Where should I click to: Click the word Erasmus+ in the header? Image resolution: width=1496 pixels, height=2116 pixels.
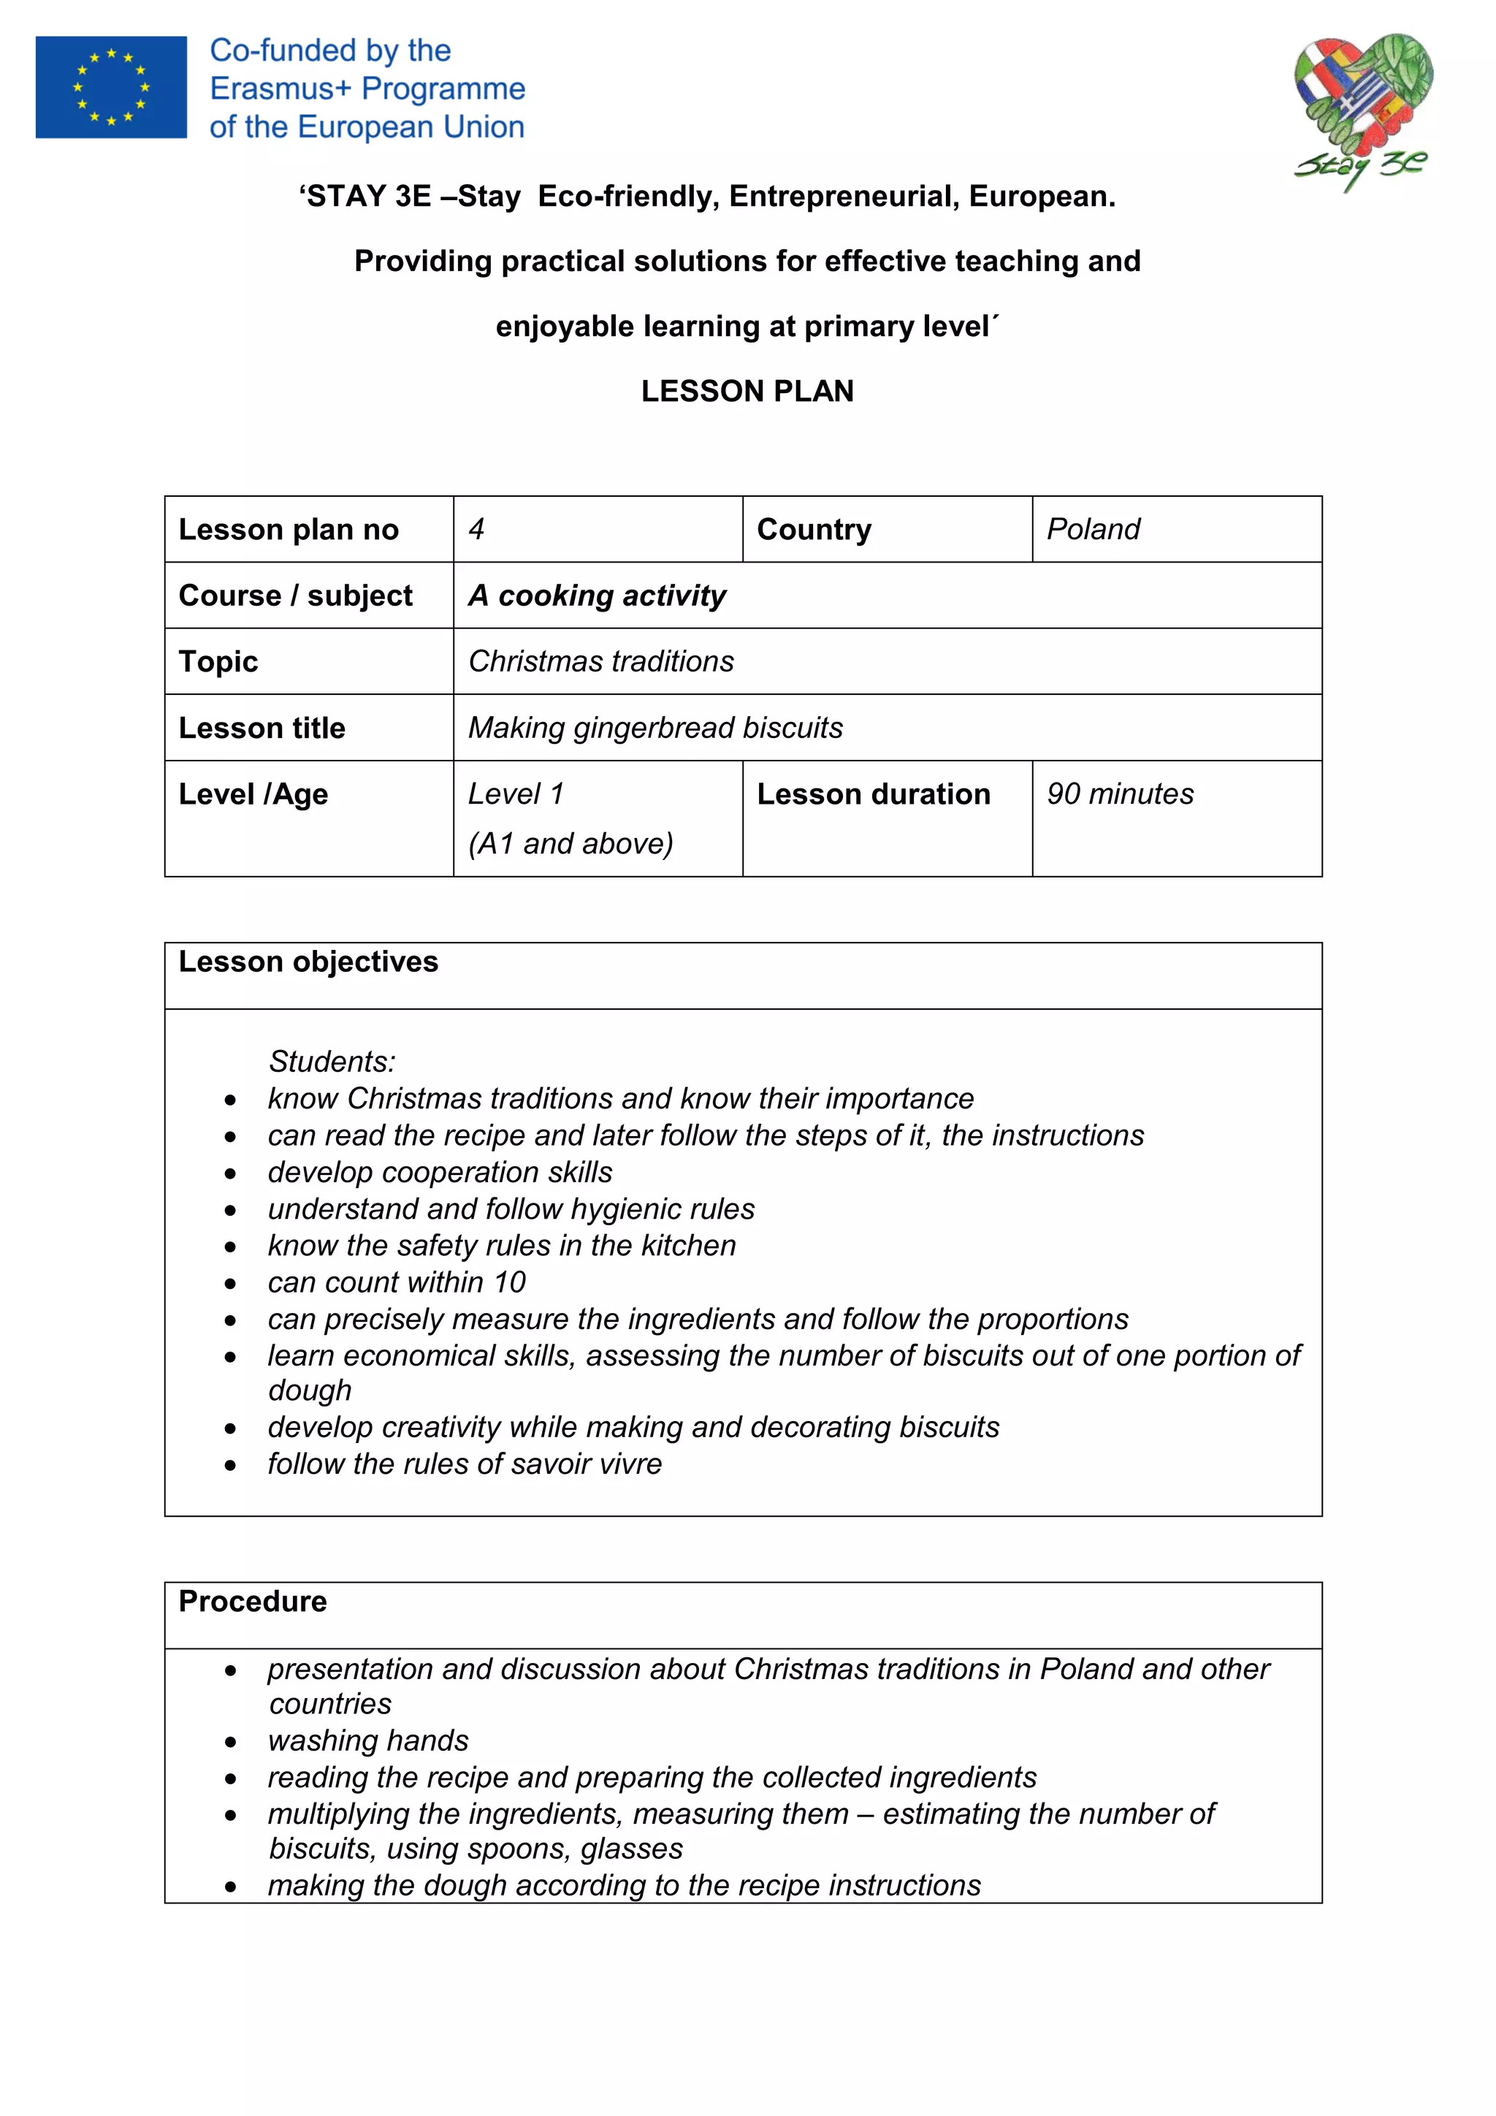pos(280,88)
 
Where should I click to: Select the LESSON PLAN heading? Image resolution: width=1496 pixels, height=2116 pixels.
pos(747,391)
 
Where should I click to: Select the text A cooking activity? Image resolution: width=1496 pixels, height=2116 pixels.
pos(597,595)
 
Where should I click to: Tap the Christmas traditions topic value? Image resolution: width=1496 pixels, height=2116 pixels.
pos(600,662)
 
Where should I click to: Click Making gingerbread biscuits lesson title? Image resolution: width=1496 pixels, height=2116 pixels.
pos(655,728)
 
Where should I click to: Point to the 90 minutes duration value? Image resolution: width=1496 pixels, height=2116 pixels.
pos(1120,794)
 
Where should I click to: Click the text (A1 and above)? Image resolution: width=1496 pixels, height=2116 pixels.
pos(570,843)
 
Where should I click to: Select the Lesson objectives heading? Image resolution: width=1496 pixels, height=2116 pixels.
pos(308,962)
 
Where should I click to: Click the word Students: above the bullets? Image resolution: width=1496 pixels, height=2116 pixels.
pos(332,1062)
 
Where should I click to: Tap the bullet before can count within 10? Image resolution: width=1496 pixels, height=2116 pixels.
pos(230,1284)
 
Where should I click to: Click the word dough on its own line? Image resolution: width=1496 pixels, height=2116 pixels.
pos(310,1390)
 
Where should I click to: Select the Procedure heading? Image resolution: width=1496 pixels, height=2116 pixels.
pos(253,1602)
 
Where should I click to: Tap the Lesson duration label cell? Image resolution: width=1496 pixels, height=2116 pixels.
pos(874,794)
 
